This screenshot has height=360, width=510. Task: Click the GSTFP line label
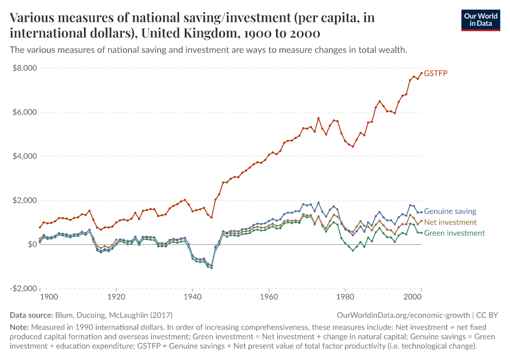click(x=436, y=74)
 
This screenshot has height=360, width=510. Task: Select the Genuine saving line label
click(x=450, y=211)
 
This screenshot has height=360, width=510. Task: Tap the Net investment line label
click(x=450, y=222)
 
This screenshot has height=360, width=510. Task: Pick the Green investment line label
click(x=454, y=233)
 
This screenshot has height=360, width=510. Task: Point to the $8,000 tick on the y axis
click(x=25, y=68)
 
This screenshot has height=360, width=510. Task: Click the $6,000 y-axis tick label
click(x=25, y=112)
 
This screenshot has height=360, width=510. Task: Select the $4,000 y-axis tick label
click(x=25, y=156)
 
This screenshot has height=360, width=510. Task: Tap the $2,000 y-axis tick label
click(x=25, y=200)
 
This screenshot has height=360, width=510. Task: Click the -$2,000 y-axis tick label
click(x=23, y=289)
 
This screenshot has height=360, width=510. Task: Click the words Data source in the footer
click(x=31, y=315)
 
